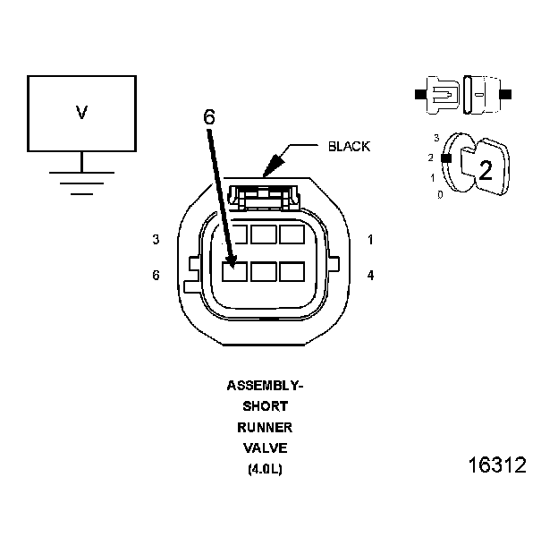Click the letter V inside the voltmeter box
click(81, 112)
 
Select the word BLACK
click(349, 146)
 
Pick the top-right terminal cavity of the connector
click(292, 235)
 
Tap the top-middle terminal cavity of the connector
click(264, 235)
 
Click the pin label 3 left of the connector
click(156, 240)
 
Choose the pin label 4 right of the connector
click(370, 275)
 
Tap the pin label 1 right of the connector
click(370, 240)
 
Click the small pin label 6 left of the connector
click(156, 275)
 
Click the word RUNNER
click(265, 427)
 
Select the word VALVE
click(265, 447)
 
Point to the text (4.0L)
click(265, 468)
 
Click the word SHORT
click(265, 406)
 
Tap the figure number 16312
click(497, 465)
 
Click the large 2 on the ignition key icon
click(486, 170)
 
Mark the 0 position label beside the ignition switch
click(439, 194)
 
